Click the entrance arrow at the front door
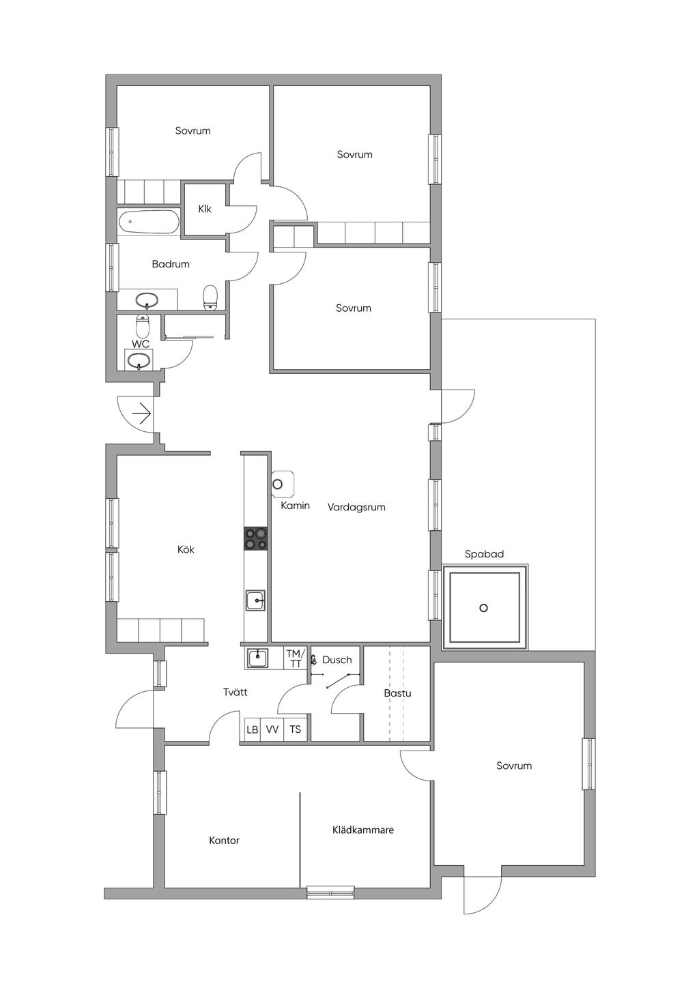click(x=142, y=413)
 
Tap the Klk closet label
click(x=205, y=209)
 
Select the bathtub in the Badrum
click(x=148, y=221)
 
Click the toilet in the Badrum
click(x=210, y=297)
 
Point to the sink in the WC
click(x=139, y=362)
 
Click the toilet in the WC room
click(x=142, y=325)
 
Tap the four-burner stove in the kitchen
click(x=255, y=538)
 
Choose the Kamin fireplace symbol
click(x=282, y=483)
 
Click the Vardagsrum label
click(x=356, y=507)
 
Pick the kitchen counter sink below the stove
click(x=255, y=600)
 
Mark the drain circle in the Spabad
click(x=484, y=608)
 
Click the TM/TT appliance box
click(x=295, y=658)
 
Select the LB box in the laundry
click(x=253, y=729)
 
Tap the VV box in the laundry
click(x=272, y=729)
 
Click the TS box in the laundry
click(x=295, y=729)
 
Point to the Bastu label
click(x=397, y=693)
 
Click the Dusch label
click(x=337, y=660)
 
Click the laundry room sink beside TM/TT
click(x=257, y=658)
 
